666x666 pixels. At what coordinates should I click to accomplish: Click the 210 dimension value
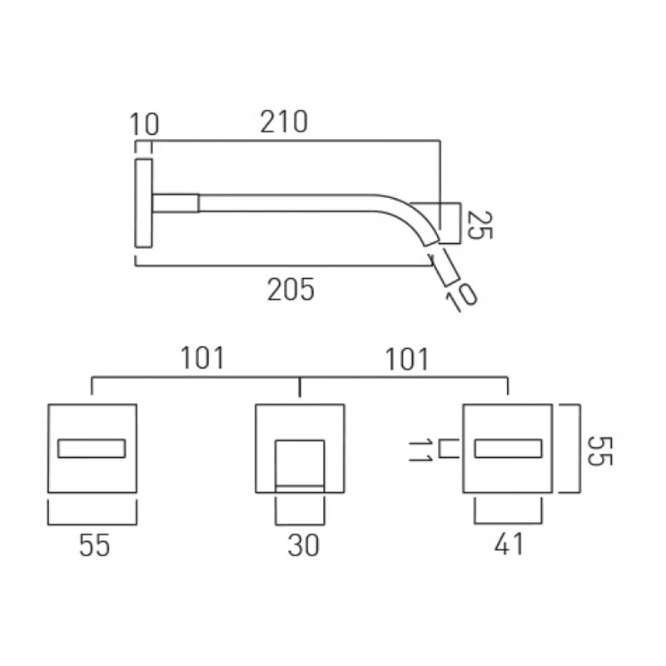click(x=283, y=122)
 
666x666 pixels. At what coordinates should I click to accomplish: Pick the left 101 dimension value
click(x=203, y=359)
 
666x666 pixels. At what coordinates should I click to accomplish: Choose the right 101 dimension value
click(x=407, y=359)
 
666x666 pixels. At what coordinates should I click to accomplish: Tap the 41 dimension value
click(x=509, y=545)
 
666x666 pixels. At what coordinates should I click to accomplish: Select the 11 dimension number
click(x=420, y=450)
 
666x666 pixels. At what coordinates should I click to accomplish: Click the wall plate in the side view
click(x=143, y=202)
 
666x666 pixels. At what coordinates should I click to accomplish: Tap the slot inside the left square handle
click(x=91, y=450)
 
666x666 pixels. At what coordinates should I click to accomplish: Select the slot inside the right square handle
click(x=507, y=450)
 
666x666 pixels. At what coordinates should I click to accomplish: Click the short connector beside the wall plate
click(x=175, y=202)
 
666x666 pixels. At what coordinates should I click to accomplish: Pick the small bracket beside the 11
click(x=449, y=450)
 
